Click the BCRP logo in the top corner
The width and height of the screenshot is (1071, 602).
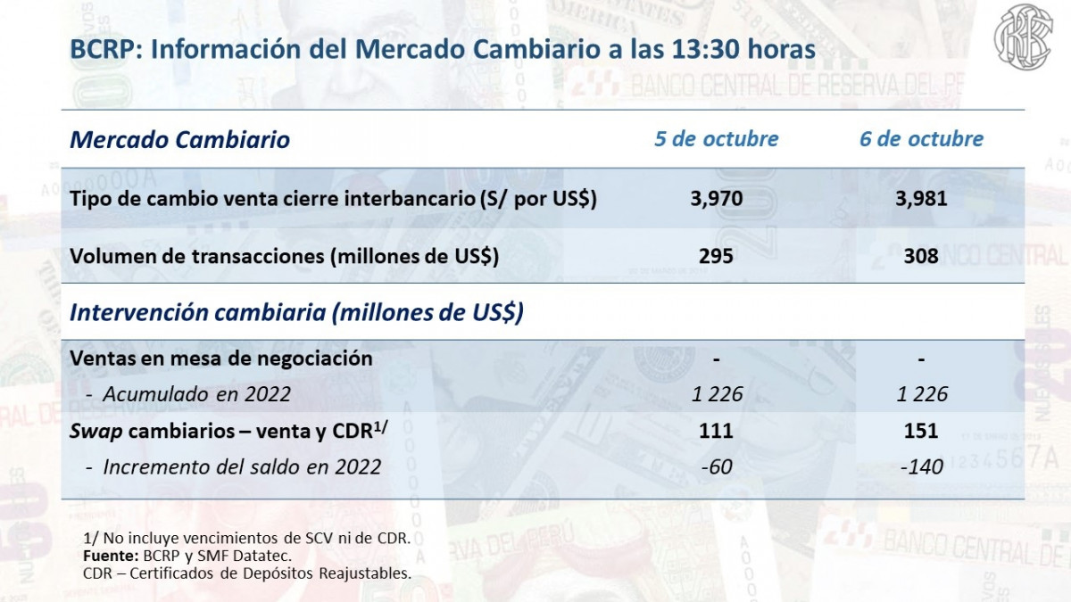pos(1024,35)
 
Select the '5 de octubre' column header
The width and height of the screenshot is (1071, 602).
pos(716,139)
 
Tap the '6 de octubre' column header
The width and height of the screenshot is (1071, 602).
pos(921,139)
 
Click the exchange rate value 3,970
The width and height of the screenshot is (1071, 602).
pos(716,199)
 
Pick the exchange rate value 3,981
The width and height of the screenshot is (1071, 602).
pos(921,199)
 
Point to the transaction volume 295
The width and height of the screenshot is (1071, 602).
pos(716,256)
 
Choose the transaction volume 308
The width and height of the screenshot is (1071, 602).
pos(921,256)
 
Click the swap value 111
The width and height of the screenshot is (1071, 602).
pos(716,431)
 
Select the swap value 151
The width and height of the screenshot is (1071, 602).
pos(921,431)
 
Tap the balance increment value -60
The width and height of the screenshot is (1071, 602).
pos(716,466)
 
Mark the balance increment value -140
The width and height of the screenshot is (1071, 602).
pos(921,466)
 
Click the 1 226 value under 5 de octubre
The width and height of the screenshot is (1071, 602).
pos(716,394)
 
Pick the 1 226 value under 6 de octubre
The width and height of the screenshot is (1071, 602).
pos(921,394)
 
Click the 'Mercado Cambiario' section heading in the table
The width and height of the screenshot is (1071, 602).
pos(179,140)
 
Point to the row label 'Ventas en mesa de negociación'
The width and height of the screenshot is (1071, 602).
pos(220,359)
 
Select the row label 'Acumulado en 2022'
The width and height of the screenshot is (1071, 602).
pos(196,394)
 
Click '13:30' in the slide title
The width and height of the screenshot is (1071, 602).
pos(685,49)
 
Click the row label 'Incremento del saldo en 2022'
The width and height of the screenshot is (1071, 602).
pos(241,466)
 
